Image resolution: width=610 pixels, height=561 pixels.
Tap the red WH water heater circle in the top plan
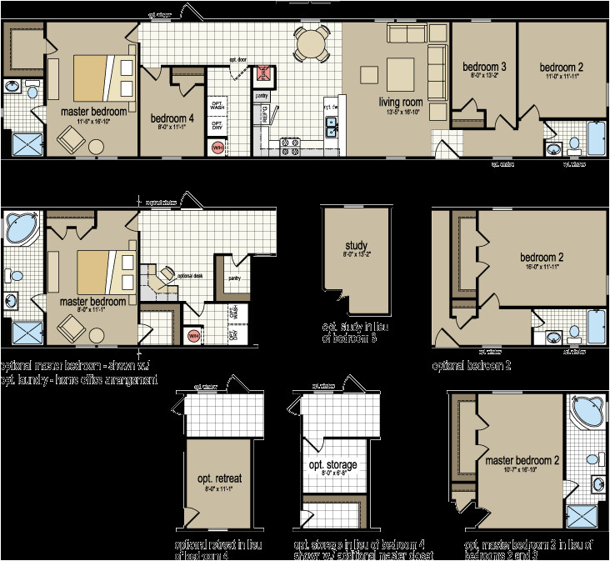(x=218, y=148)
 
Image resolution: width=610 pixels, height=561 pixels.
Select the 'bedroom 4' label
(x=172, y=118)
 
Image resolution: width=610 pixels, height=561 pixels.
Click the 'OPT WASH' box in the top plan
(x=217, y=104)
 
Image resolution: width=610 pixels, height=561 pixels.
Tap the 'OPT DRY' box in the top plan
(x=217, y=127)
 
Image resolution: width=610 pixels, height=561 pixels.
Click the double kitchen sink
(x=332, y=128)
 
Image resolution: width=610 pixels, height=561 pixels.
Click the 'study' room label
(x=356, y=245)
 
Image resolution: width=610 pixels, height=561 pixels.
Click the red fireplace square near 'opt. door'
(x=265, y=73)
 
